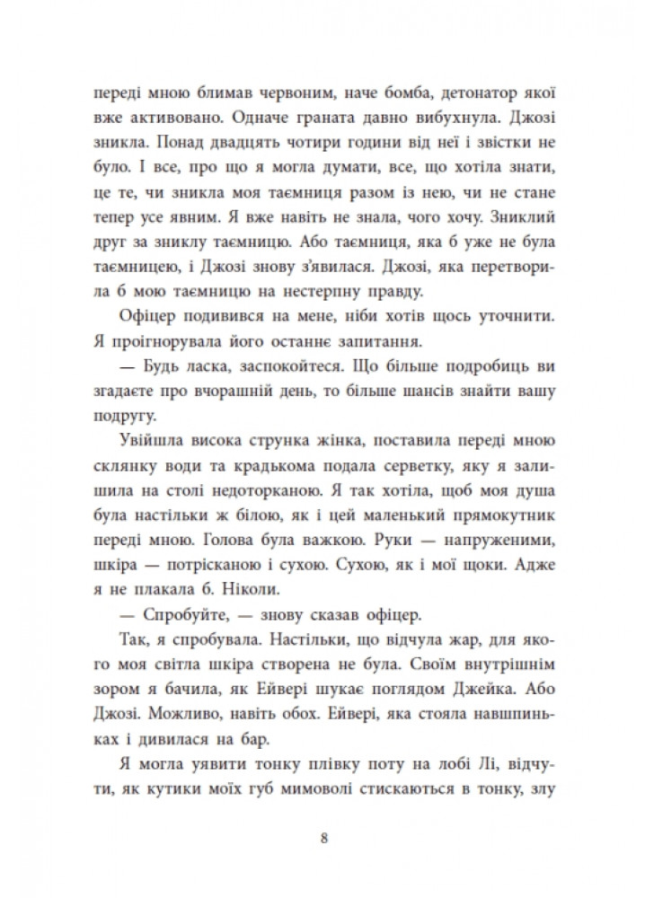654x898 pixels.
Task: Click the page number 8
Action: coord(326,841)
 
